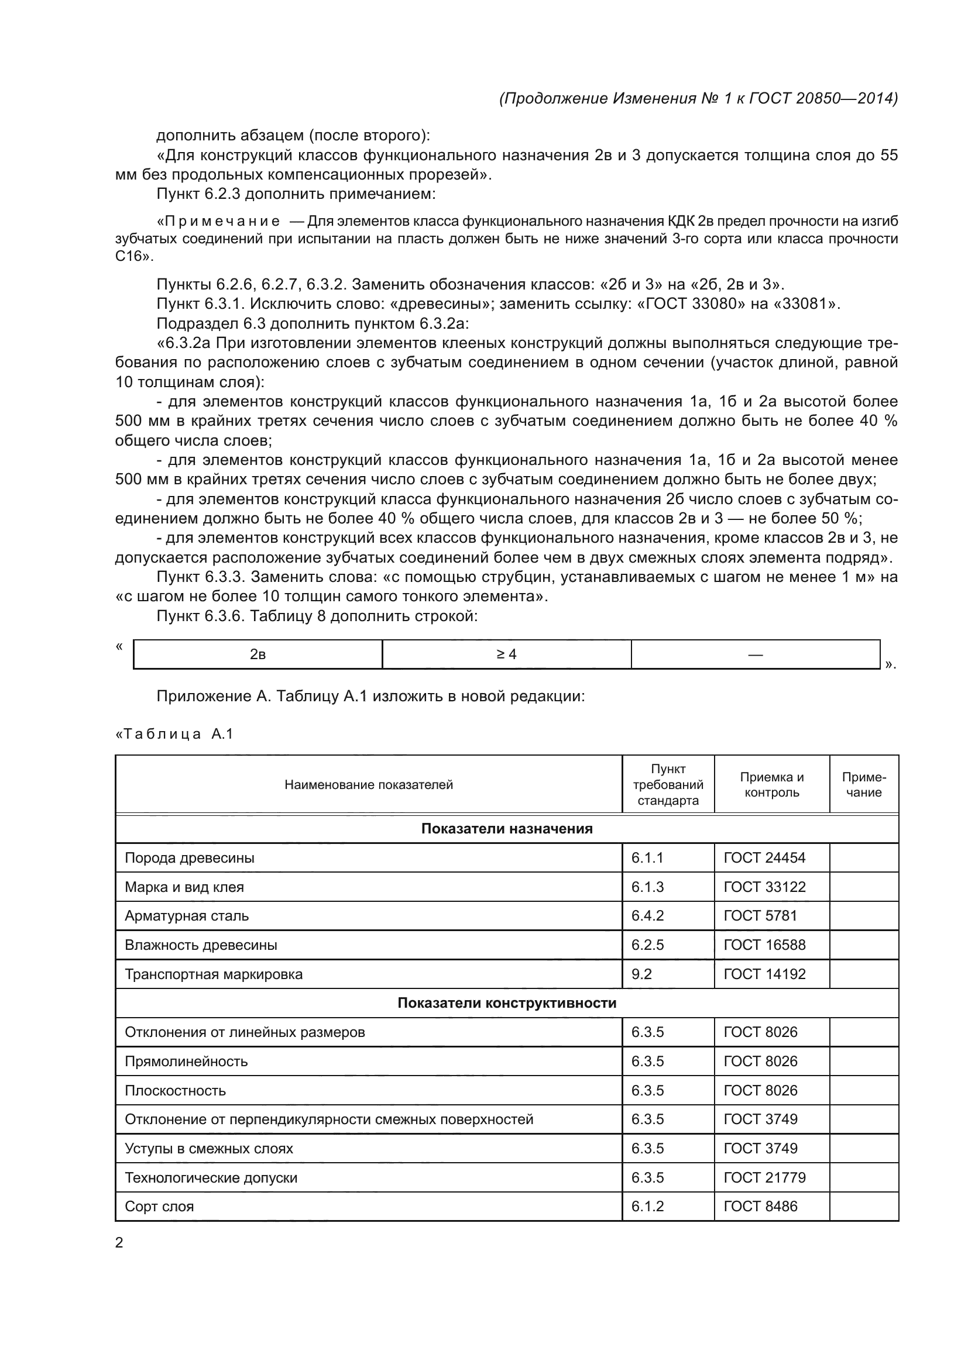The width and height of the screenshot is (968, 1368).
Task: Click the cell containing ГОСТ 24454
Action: pos(764,858)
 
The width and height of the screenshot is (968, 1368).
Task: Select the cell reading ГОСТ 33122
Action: pos(764,887)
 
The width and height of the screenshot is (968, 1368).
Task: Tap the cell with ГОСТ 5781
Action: pos(760,916)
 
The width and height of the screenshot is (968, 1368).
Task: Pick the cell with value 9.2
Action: pos(641,974)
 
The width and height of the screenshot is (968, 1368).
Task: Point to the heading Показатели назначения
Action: pos(507,829)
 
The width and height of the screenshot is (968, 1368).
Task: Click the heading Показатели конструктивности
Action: pos(507,1003)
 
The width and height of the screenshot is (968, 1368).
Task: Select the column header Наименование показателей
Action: pos(368,785)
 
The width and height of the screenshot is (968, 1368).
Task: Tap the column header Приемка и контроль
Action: pos(771,785)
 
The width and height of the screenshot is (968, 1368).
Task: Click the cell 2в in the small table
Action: pos(258,654)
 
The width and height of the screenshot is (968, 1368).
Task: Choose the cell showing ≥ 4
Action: pos(506,654)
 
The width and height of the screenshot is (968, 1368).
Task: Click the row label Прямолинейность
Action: pos(186,1061)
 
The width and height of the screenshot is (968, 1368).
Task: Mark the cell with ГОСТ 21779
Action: pos(764,1177)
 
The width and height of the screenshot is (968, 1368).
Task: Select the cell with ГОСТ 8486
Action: pos(760,1206)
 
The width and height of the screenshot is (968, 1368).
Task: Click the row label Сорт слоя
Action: pos(159,1207)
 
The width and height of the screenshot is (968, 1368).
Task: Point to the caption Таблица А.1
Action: pos(174,734)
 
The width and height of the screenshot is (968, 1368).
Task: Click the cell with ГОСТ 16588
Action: pos(764,945)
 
